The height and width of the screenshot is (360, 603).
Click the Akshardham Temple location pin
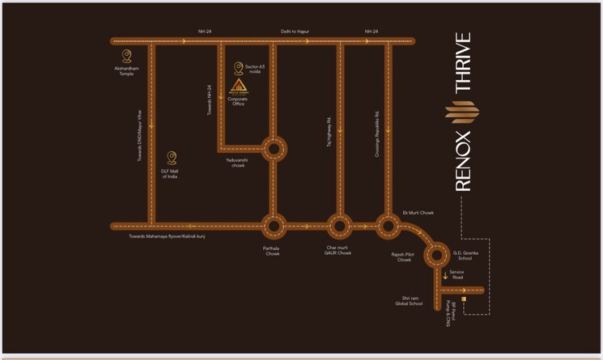[126, 56]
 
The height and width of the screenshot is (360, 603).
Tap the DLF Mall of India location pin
[171, 158]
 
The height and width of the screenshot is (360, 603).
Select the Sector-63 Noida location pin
[238, 69]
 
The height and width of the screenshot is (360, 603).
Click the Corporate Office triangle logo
[238, 87]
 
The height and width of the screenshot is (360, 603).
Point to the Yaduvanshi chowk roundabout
[274, 148]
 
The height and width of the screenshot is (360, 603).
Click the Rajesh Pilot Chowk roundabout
[437, 256]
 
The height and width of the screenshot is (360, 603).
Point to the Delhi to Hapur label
[295, 32]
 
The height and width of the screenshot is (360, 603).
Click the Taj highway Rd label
[329, 132]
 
